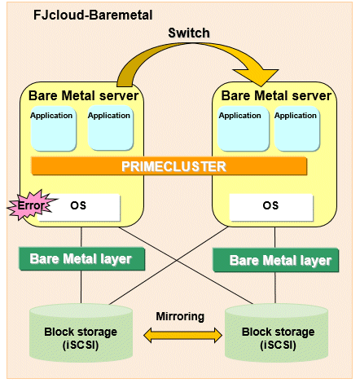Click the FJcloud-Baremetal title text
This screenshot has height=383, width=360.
[93, 15]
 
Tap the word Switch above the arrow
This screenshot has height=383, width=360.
[189, 33]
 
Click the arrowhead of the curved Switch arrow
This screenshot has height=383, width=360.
[257, 77]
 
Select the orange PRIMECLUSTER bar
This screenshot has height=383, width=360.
[169, 166]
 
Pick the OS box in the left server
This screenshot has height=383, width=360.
[79, 208]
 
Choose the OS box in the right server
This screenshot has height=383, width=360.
[271, 208]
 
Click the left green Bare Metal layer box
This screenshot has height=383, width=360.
[81, 259]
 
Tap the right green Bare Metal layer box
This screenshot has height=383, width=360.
[276, 260]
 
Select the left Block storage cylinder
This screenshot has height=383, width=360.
[81, 333]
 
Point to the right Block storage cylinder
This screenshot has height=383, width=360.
[277, 333]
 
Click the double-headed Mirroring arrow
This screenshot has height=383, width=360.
[182, 335]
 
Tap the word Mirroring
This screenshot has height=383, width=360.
[180, 316]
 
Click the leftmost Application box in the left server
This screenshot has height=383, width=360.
[54, 128]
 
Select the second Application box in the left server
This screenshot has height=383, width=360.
[111, 128]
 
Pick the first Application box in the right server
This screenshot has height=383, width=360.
[244, 129]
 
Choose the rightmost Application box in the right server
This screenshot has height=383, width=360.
[297, 129]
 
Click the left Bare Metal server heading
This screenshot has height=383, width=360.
[84, 95]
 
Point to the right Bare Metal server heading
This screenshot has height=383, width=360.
[276, 95]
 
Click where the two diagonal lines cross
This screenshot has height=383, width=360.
[177, 261]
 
